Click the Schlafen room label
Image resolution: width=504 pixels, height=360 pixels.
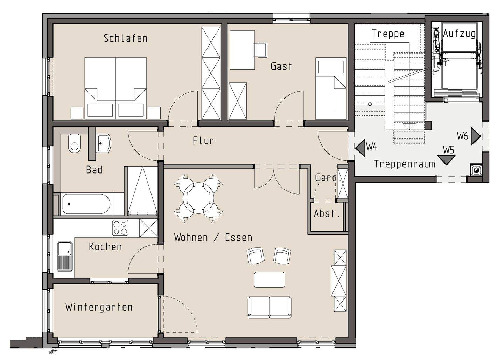[x=125, y=38]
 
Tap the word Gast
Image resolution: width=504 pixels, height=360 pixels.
[x=281, y=66]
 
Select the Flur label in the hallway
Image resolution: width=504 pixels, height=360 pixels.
[x=203, y=141]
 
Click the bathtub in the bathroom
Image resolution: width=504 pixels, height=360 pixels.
[x=86, y=204]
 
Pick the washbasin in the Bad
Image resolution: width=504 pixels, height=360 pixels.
[x=103, y=143]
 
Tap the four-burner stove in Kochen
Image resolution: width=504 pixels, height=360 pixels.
[x=120, y=228]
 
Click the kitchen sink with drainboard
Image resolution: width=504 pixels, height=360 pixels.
[x=65, y=256]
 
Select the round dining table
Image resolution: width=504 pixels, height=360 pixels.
[x=198, y=198]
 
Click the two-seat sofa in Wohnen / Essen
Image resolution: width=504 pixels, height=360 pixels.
[x=269, y=308]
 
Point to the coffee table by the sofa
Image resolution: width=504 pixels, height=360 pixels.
[x=269, y=280]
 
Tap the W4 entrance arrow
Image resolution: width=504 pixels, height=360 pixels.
[x=360, y=148]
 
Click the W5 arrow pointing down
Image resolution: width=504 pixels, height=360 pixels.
[x=446, y=160]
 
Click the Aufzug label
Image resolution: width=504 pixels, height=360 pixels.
[x=459, y=34]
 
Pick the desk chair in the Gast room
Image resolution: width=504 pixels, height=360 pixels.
[x=260, y=49]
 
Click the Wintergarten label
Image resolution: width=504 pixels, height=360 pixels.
[x=99, y=308]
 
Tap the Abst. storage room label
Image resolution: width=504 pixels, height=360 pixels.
[x=327, y=214]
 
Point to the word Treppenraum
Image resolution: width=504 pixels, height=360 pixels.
[x=405, y=164]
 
